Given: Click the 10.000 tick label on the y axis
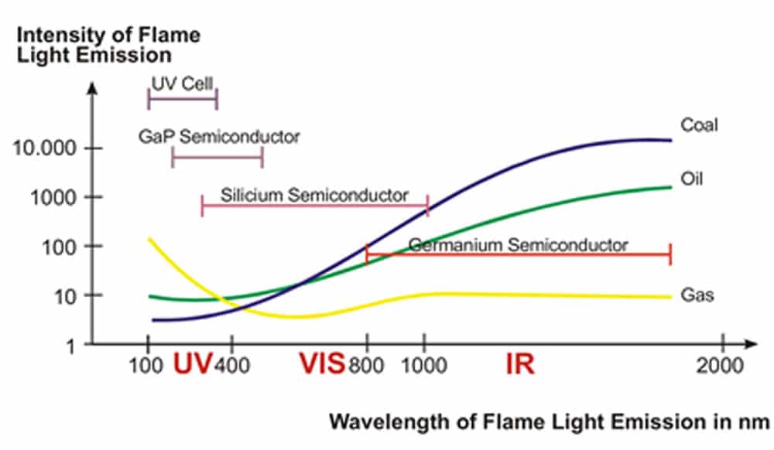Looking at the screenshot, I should tap(46, 148).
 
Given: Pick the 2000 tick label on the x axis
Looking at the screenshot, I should tap(721, 365).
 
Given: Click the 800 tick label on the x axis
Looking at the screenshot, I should tap(366, 365).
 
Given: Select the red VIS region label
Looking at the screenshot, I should tap(321, 363).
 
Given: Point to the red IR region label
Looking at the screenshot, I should tap(519, 363).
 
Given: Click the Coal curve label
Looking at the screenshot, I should tap(699, 124).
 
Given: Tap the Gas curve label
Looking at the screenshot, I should tap(697, 295).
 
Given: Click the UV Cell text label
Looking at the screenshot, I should tap(183, 83).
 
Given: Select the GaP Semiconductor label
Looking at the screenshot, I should tap(219, 137).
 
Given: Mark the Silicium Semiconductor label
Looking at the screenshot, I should tap(313, 194).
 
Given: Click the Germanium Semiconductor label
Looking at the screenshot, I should tap(518, 245).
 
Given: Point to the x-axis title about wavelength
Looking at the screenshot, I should tap(549, 422).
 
